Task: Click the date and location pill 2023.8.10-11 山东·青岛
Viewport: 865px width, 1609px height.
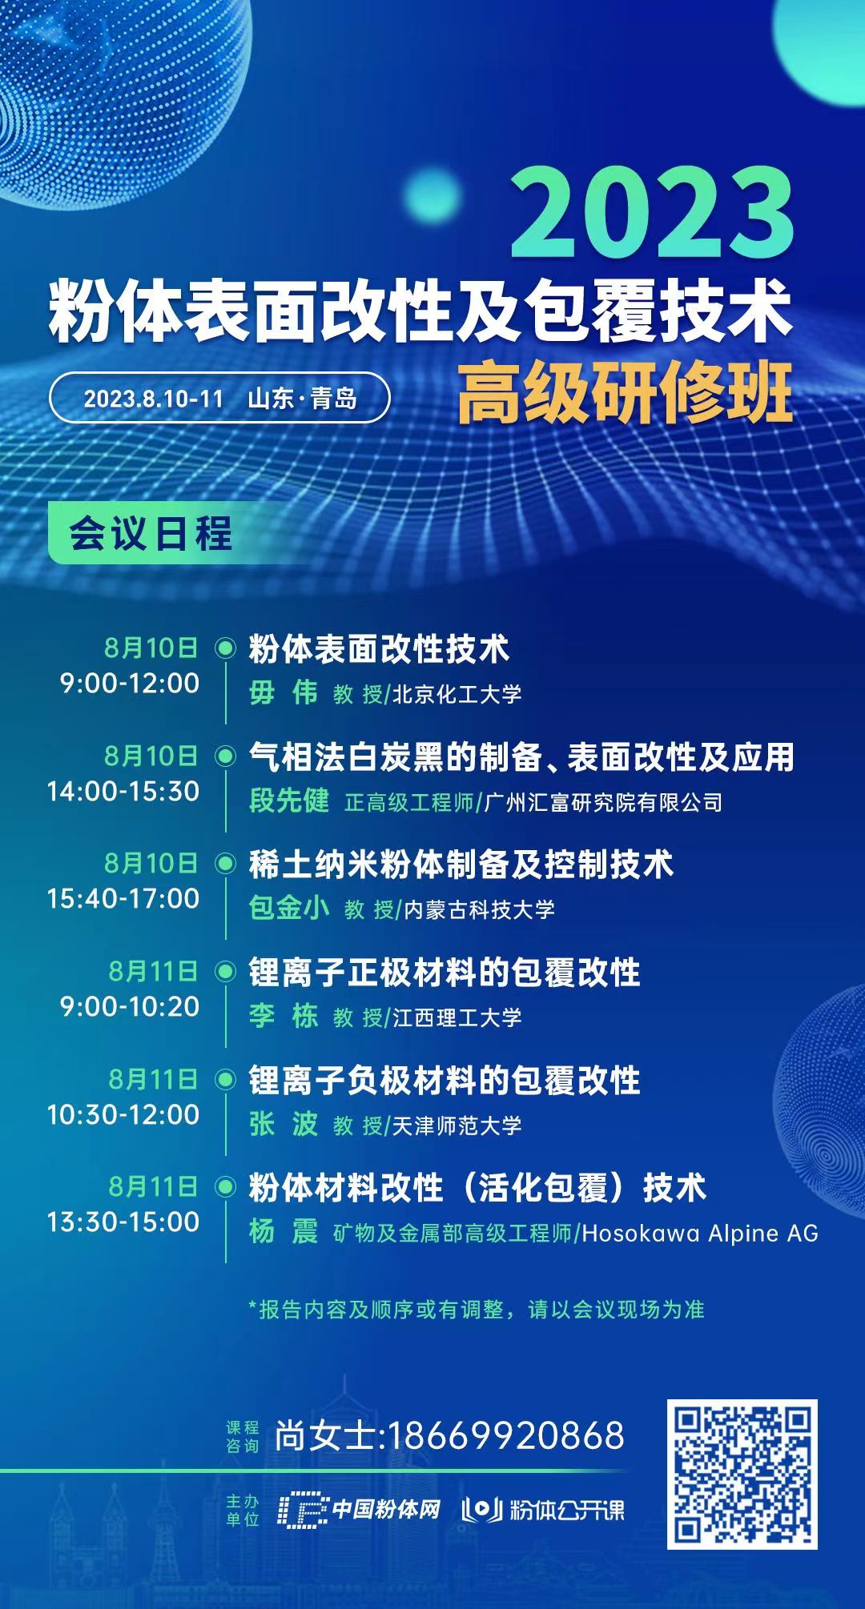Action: point(219,398)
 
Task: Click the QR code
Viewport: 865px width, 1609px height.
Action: point(742,1474)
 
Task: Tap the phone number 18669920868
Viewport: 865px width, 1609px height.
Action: point(505,1435)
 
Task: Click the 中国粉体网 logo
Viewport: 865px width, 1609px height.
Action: point(360,1510)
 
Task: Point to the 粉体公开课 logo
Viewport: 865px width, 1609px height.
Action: point(543,1510)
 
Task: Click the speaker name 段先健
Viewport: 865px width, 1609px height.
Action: point(289,801)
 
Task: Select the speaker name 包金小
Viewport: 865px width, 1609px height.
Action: point(289,909)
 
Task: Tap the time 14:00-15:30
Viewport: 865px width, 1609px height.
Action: point(123,791)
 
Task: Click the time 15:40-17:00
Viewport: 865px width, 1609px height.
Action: point(123,898)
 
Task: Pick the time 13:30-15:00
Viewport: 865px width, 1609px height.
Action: point(123,1222)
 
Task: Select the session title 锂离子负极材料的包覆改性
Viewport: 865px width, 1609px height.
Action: point(445,1081)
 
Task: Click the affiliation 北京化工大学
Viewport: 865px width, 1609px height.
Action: point(457,693)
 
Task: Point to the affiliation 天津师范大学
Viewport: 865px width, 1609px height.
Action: point(457,1125)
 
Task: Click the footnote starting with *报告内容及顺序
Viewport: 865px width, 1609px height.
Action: point(477,1310)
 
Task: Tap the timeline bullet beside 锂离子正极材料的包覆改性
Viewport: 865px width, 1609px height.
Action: point(227,972)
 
